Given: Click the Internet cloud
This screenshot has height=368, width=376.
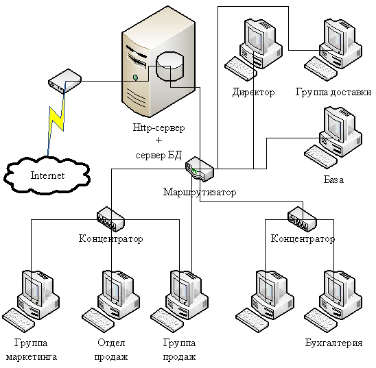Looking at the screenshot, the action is click(x=47, y=175).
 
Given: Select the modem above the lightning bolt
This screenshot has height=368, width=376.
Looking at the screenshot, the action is click(x=64, y=81).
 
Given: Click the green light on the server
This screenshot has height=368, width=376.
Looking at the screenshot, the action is click(x=135, y=77).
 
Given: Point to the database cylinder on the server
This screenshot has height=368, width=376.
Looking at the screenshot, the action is click(x=170, y=66).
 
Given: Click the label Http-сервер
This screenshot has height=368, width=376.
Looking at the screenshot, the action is click(x=158, y=127).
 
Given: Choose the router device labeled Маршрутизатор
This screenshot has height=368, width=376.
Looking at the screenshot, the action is click(x=200, y=169).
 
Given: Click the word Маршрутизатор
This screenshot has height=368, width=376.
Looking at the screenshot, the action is click(x=200, y=192).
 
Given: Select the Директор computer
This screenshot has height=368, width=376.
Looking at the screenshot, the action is click(x=253, y=49).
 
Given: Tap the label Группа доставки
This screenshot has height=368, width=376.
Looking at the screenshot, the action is click(x=333, y=93).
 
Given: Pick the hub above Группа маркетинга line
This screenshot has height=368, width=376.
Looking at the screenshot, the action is click(x=110, y=219).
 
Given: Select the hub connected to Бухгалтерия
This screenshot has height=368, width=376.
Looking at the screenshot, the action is click(x=302, y=219).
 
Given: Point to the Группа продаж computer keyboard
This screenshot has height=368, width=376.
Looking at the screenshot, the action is click(x=167, y=320).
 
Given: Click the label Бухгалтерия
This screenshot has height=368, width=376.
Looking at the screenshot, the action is click(x=333, y=343).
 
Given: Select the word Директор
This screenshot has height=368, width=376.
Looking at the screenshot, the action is click(x=253, y=93).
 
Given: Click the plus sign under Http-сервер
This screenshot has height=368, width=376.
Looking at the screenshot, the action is click(x=158, y=140).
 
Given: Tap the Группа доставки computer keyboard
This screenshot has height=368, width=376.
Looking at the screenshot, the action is click(x=321, y=69).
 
